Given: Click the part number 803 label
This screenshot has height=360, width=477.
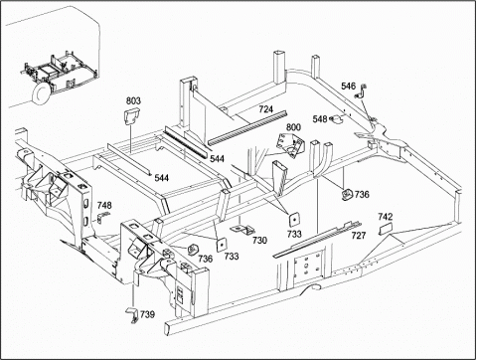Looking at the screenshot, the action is [133, 100].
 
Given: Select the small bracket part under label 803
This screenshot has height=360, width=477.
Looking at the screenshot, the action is [132, 117].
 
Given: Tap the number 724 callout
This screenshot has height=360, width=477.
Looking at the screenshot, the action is [266, 108].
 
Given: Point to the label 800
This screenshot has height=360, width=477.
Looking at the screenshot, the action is [293, 127].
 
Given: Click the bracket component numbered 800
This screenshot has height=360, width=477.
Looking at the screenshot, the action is [290, 144].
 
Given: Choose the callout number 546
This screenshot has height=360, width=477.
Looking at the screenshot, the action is [348, 87].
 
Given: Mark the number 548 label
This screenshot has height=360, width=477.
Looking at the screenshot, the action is [320, 118].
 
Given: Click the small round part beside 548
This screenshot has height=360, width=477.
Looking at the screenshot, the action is [336, 119].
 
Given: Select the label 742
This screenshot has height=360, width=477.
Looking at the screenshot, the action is [386, 217].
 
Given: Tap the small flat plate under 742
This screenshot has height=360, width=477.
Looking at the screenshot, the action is [386, 229].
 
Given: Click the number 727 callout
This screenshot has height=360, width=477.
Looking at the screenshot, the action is [359, 236].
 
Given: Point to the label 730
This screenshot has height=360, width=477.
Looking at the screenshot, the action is [259, 240].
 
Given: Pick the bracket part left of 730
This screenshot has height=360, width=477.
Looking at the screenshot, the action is [243, 230].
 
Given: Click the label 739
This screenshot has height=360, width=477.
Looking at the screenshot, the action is [147, 314].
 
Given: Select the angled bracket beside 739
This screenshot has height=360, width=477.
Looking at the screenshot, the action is [132, 315].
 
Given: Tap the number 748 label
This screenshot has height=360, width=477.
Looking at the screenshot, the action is [104, 205].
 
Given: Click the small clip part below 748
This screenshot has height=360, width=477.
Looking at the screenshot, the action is [103, 217].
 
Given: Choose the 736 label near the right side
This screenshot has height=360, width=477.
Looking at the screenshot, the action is [362, 194].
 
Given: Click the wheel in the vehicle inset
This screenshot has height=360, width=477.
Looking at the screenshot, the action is [42, 93].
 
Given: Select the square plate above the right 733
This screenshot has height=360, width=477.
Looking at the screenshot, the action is [294, 219].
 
